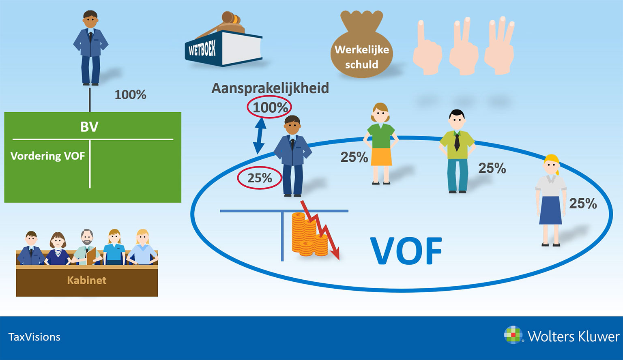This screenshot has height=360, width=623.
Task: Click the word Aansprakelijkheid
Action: click(270, 88)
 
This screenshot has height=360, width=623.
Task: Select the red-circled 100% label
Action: click(269, 107)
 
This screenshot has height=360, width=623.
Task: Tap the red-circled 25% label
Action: click(260, 178)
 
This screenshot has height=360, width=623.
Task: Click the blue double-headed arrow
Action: click(259, 136)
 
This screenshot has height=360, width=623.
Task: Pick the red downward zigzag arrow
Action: click(320, 230)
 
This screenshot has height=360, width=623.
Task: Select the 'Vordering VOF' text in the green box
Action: click(47, 156)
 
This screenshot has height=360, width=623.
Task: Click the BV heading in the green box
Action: click(89, 127)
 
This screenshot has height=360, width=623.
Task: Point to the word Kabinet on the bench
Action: click(87, 280)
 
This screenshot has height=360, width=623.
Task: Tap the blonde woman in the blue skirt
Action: click(551, 200)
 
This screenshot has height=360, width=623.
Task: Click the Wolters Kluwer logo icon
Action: click(513, 335)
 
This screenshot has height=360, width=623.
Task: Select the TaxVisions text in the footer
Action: click(34, 337)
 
